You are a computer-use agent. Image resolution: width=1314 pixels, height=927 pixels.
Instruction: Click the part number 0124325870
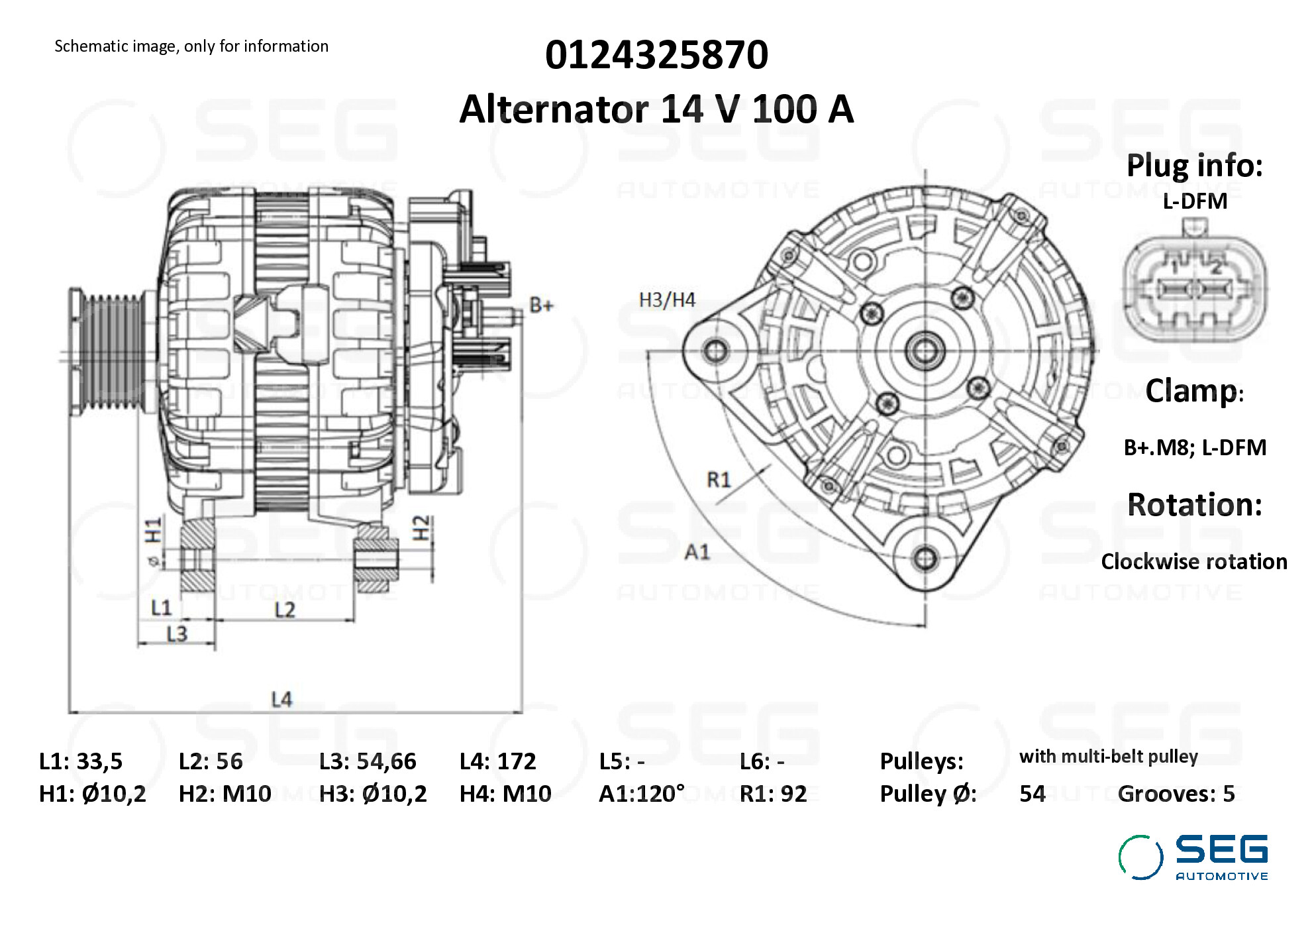656,55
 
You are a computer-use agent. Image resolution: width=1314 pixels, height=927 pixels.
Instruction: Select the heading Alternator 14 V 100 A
656,109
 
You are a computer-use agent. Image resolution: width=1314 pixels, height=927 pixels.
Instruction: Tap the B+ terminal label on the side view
541,305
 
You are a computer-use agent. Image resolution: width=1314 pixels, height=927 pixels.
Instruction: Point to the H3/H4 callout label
666,300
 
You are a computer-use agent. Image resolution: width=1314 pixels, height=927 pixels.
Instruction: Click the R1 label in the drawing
719,479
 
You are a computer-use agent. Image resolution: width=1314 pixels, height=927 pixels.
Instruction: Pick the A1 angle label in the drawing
697,551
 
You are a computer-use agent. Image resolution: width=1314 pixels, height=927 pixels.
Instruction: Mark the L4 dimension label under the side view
281,699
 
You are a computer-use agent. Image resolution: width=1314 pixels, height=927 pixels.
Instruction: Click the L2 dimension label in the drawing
285,609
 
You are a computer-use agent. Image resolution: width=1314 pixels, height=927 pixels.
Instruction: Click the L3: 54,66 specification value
368,761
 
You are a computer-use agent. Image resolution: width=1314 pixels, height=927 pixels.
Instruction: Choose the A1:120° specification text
641,794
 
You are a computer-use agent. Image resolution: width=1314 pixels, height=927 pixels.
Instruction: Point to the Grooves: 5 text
1176,794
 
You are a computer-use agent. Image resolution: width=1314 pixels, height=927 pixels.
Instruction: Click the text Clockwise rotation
1193,562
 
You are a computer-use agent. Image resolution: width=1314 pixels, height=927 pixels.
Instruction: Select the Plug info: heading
1194,166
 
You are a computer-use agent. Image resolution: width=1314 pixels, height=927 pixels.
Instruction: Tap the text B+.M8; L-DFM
1194,448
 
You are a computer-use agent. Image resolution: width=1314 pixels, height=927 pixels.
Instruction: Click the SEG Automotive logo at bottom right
1193,857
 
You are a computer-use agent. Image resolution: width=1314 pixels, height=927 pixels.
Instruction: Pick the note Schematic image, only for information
191,46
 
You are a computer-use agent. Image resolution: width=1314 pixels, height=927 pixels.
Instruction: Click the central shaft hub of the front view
925,350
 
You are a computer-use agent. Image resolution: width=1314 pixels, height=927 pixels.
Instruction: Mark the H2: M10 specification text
225,794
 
